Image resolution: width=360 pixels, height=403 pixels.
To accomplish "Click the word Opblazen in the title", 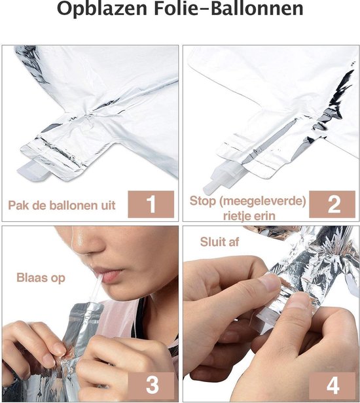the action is coord(102,9).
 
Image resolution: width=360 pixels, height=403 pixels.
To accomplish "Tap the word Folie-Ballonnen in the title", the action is coord(229,9).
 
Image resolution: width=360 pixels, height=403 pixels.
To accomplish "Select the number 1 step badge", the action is coord(151,204).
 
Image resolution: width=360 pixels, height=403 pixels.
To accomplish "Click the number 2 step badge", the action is coord(333,204).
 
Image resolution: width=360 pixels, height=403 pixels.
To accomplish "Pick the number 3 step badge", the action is coord(153,385).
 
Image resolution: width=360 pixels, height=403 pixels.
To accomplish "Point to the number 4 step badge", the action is coord(333,385).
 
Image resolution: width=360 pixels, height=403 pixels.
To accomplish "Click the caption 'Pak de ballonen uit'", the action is coord(62,205).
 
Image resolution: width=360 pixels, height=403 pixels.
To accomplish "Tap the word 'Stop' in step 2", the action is coord(203,201).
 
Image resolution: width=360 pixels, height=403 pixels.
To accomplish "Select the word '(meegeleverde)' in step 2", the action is coord(262,201).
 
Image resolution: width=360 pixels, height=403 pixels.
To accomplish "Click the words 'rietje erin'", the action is coord(249,216).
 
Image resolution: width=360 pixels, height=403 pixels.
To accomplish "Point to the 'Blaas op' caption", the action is coord(41,278).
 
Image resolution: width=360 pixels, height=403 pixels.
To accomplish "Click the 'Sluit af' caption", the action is coord(219,242).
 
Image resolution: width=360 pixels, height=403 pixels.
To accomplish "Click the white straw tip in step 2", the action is coord(210,188).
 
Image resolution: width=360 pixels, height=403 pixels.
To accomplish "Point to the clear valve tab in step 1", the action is coord(34,170).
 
